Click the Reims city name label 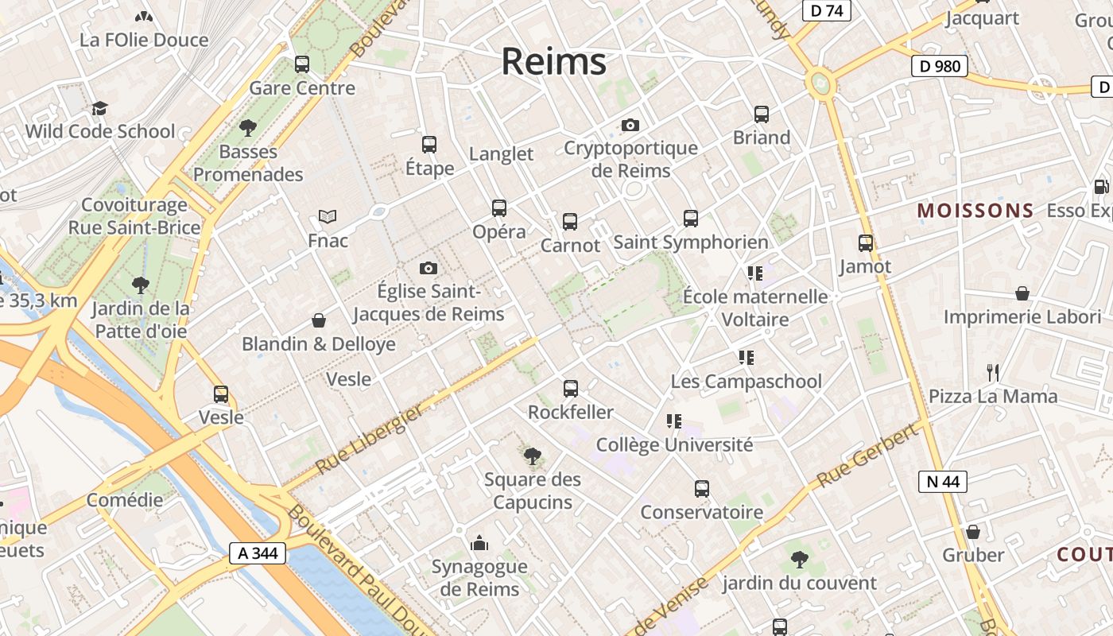[553, 62]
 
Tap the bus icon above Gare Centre [302, 64]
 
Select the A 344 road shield [258, 553]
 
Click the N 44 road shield [943, 481]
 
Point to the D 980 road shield [939, 66]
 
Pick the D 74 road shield [826, 10]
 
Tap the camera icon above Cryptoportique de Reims [630, 125]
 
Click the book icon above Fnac [328, 216]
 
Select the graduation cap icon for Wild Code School [99, 108]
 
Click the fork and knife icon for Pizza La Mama [992, 372]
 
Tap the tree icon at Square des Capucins [533, 456]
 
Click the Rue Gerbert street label [867, 456]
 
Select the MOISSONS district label [975, 211]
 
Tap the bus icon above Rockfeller [571, 389]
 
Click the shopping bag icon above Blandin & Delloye [319, 320]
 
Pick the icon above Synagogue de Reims [479, 543]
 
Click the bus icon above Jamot [866, 243]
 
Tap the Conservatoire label [701, 512]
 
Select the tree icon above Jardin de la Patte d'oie [141, 285]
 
